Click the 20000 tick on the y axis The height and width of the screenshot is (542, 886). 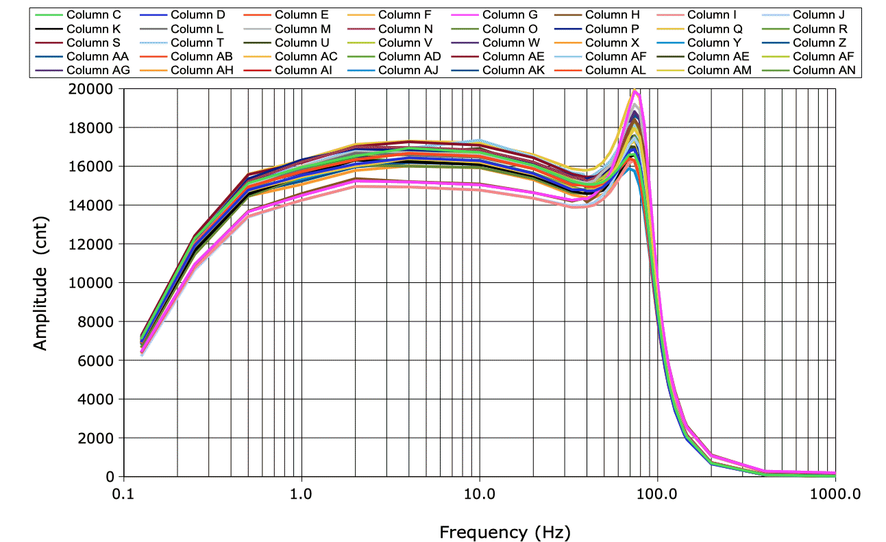tap(95, 89)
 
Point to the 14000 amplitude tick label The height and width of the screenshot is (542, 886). tap(95, 206)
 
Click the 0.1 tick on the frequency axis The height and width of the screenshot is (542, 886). tap(123, 492)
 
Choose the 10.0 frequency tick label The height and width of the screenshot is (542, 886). tap(479, 492)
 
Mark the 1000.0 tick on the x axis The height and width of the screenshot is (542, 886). tap(835, 492)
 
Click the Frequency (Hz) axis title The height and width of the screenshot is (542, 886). tap(504, 532)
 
